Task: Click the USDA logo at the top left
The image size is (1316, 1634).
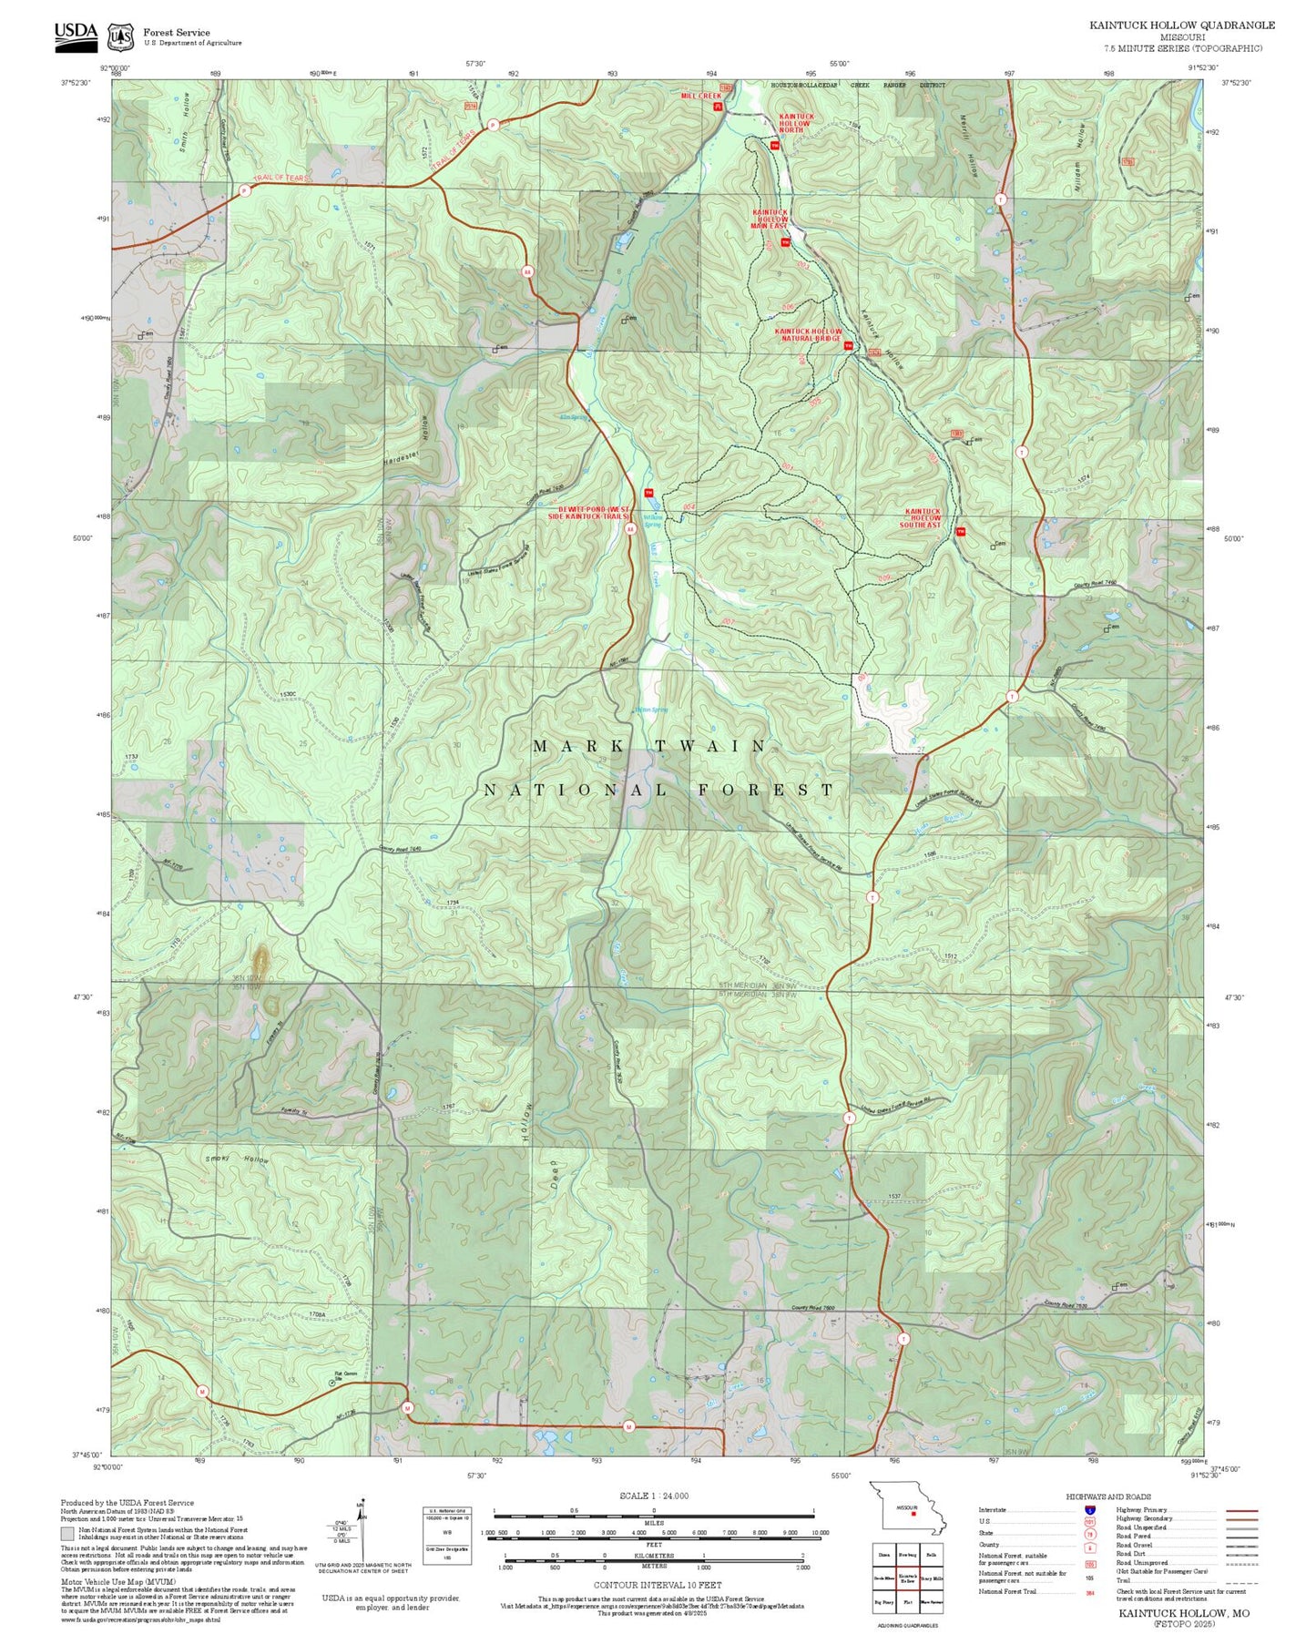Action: click(x=75, y=35)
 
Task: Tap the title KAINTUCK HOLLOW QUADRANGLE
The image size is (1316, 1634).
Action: click(x=1181, y=26)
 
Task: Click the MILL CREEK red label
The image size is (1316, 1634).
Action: click(x=700, y=96)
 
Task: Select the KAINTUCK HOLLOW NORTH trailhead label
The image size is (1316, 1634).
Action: click(x=796, y=123)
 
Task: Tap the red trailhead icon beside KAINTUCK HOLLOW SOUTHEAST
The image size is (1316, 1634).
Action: click(x=960, y=531)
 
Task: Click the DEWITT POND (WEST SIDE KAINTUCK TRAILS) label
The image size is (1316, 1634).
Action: click(x=593, y=513)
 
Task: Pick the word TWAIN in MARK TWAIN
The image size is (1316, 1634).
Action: click(x=711, y=746)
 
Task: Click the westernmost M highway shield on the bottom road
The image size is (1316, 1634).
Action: click(x=202, y=1391)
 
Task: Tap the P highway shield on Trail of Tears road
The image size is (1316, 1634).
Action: click(x=244, y=190)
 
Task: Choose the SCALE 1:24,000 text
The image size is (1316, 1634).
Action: click(x=653, y=1496)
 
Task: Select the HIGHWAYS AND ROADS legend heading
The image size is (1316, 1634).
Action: click(x=1107, y=1496)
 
